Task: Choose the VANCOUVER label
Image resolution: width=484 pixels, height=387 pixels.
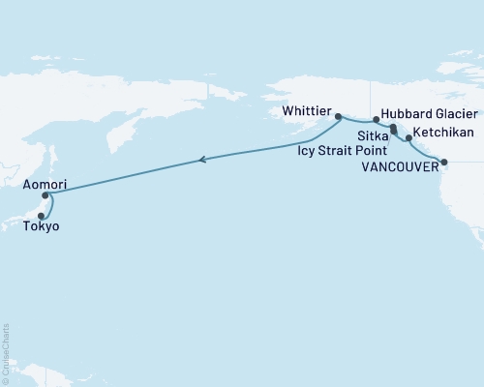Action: click(x=396, y=165)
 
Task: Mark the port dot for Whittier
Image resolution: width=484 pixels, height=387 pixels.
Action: click(x=338, y=117)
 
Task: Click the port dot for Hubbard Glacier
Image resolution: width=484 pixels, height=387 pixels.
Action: click(x=377, y=120)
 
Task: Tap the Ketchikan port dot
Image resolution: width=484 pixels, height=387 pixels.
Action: click(x=409, y=138)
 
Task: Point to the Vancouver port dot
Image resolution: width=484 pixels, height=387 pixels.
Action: click(x=443, y=163)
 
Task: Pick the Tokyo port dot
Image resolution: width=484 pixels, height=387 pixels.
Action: click(x=41, y=215)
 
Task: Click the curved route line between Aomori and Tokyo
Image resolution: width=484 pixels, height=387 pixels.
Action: click(x=51, y=206)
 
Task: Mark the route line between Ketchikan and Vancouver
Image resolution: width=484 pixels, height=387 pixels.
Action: click(x=424, y=154)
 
